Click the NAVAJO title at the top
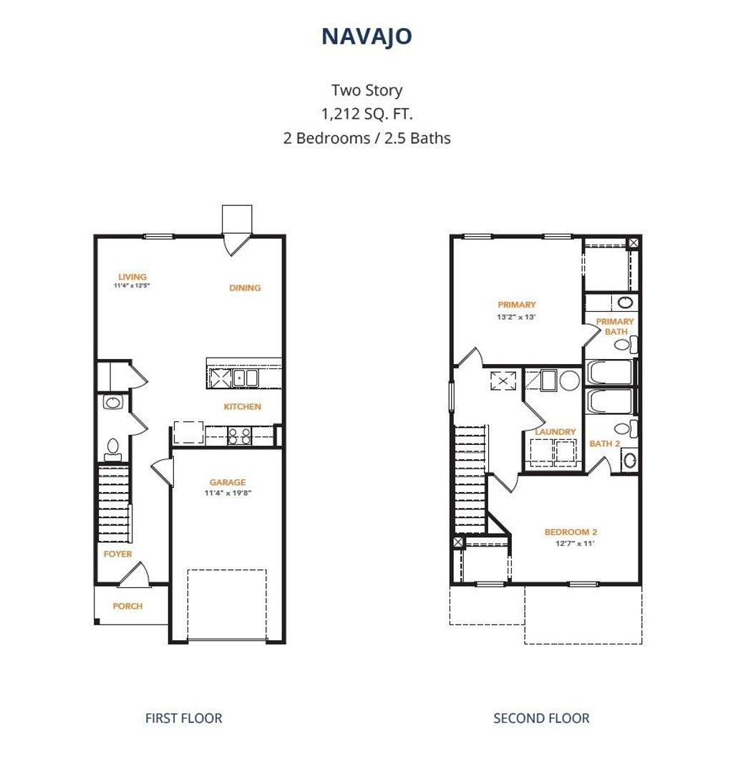tap(366, 36)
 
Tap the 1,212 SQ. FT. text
tap(366, 114)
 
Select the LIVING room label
tap(132, 277)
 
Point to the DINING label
tap(245, 288)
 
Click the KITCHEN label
tap(243, 406)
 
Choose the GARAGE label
tap(228, 482)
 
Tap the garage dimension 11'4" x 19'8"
tap(228, 492)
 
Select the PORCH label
tap(127, 606)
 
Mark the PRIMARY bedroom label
tap(517, 305)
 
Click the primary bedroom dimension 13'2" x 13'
tap(517, 316)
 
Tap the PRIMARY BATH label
tap(615, 326)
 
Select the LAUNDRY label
tap(555, 432)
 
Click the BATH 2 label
tap(605, 444)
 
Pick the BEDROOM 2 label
tap(571, 532)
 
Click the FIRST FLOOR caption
tap(183, 718)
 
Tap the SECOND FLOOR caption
tap(541, 718)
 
